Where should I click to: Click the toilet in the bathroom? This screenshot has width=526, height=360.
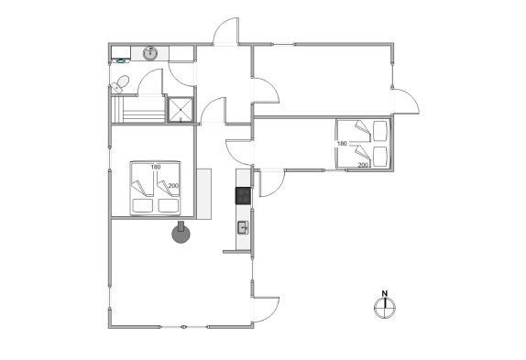[x=120, y=83]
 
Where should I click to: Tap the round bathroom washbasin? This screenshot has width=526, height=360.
[x=150, y=53]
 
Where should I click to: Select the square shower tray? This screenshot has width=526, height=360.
[x=181, y=110]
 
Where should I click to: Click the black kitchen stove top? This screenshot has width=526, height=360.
[x=243, y=196]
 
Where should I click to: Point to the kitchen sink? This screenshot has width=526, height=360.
[x=243, y=227]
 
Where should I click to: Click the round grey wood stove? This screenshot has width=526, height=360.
[x=181, y=233]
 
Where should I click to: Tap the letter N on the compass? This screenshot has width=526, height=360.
[x=385, y=294]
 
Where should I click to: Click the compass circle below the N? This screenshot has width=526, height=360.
[x=385, y=308]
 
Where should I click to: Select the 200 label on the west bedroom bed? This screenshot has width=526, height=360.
[x=173, y=186]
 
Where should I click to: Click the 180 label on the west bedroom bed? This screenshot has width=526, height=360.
[x=156, y=167]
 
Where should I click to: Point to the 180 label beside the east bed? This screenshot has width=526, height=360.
[x=342, y=144]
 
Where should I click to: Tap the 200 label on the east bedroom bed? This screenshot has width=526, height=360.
[x=363, y=165]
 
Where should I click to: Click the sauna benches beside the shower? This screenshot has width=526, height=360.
[x=138, y=110]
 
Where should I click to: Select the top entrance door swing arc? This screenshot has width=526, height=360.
[x=226, y=30]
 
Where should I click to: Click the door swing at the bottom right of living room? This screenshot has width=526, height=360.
[x=266, y=310]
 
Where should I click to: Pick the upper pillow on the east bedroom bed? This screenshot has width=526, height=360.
[x=380, y=131]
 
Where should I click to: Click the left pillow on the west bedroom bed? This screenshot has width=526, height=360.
[x=143, y=205]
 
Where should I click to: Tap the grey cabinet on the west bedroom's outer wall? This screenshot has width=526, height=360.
[x=204, y=194]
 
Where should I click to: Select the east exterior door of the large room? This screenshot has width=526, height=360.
[x=406, y=102]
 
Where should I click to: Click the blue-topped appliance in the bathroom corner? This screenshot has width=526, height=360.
[x=121, y=61]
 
